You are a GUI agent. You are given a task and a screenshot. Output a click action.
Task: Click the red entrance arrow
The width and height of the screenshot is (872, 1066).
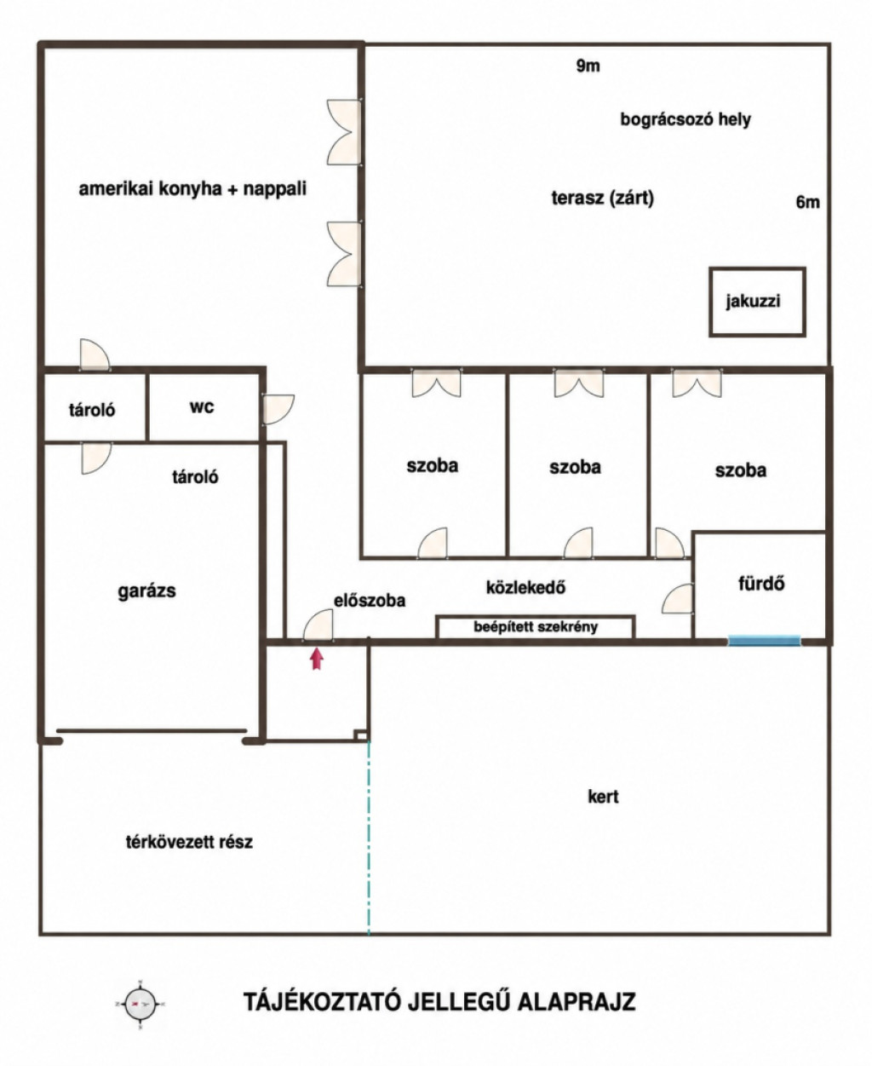point(316,660)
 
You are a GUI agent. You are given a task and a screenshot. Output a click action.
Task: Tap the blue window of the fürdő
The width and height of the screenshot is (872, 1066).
point(764,641)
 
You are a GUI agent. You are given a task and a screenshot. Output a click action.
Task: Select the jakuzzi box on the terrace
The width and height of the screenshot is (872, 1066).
point(757,302)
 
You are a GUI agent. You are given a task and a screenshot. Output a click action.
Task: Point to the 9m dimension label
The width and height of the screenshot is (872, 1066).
point(588,66)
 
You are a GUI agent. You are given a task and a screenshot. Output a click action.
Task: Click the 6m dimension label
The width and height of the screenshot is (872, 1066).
point(808,203)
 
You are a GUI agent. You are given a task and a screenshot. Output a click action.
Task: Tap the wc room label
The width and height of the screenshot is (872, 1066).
point(202,407)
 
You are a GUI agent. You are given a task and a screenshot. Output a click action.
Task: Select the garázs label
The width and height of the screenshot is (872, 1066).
point(147,591)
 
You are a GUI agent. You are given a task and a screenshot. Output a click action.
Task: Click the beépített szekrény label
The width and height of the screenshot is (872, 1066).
point(536,627)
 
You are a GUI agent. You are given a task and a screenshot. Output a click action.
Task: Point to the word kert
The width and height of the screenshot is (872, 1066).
point(603,797)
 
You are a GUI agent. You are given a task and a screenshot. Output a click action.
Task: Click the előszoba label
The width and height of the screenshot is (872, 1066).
point(370,601)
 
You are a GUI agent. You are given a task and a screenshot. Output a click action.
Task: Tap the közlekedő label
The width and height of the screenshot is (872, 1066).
point(525,587)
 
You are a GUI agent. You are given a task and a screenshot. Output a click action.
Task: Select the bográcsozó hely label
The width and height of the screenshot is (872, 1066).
point(686,120)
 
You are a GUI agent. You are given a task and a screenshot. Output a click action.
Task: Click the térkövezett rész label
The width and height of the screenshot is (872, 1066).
point(189,842)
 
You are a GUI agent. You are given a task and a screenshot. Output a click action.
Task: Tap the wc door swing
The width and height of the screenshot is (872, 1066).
point(278,408)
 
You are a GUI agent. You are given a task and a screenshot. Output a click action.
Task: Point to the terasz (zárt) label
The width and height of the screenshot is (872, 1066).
point(603,199)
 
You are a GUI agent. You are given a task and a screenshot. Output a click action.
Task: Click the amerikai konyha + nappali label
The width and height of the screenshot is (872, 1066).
point(192,189)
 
